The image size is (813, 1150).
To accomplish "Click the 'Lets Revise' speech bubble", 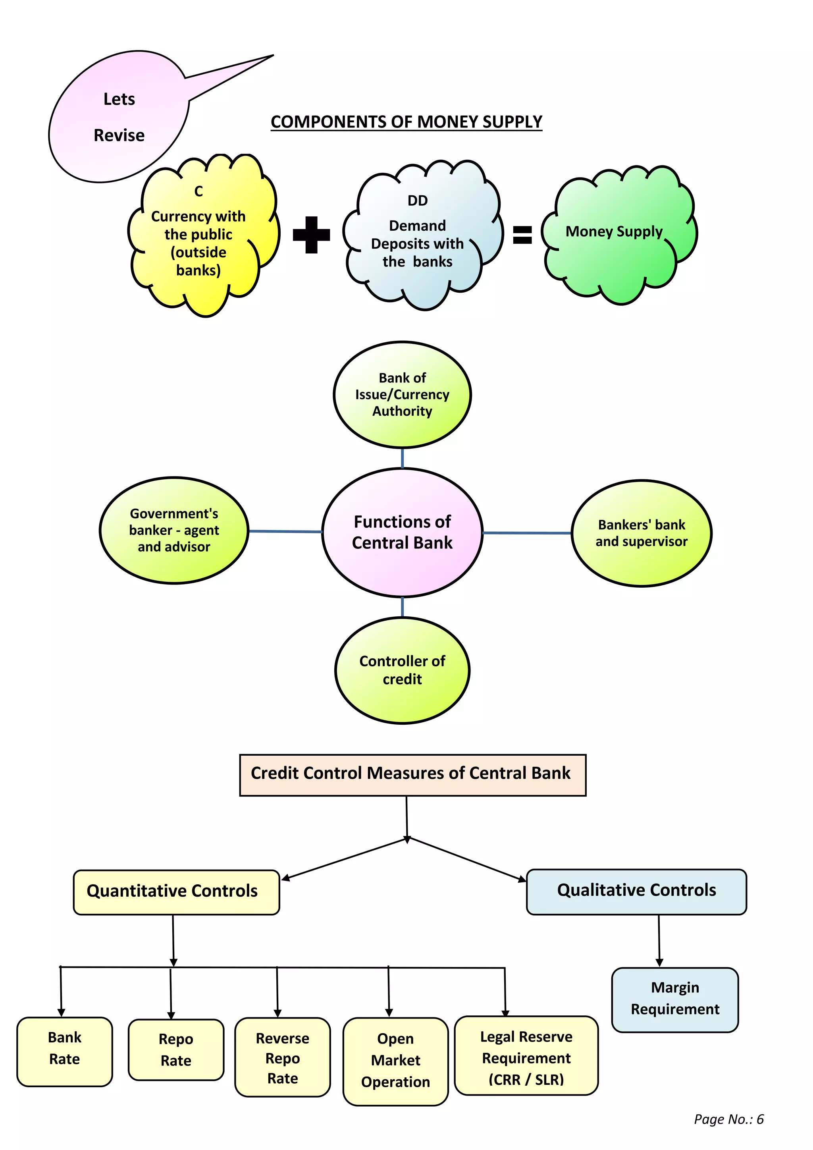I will point(119,117).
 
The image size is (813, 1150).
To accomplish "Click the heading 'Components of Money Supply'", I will point(406,122).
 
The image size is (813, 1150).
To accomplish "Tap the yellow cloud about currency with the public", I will point(199,236).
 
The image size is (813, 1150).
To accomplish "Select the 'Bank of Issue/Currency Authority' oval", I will point(402,395).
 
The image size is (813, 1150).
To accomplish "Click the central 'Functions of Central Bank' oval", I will point(402,533).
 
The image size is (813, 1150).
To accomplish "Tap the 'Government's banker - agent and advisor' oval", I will point(174,530).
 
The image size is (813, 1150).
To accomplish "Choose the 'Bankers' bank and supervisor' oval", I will point(641,533).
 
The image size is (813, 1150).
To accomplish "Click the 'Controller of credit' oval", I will point(402,670).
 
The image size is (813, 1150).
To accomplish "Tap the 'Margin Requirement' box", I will point(675,999).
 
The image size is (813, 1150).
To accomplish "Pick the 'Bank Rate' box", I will point(65,1052).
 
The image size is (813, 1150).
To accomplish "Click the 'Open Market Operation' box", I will point(395,1061).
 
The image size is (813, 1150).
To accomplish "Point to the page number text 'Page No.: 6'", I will point(728,1119).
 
